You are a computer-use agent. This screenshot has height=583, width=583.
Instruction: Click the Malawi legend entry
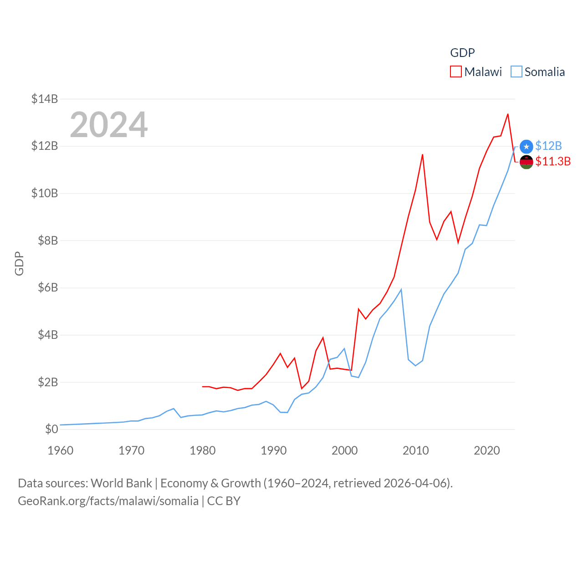pyautogui.click(x=476, y=72)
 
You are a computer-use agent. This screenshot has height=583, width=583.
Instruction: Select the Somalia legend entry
pyautogui.click(x=537, y=72)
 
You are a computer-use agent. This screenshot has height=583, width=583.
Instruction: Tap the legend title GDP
pyautogui.click(x=462, y=53)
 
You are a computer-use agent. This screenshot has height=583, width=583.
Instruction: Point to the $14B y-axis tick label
pyautogui.click(x=45, y=99)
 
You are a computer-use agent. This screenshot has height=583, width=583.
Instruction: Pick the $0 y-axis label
pyautogui.click(x=51, y=429)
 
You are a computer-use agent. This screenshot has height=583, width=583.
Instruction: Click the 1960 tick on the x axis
pyautogui.click(x=61, y=450)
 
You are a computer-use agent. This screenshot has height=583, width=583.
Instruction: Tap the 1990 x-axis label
pyautogui.click(x=274, y=450)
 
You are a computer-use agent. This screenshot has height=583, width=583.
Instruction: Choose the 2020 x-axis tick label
pyautogui.click(x=487, y=450)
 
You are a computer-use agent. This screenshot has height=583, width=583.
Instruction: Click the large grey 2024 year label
pyautogui.click(x=109, y=124)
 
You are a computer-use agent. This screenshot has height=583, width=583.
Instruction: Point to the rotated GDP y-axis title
pyautogui.click(x=19, y=263)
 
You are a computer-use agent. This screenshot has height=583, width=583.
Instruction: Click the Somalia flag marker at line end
pyautogui.click(x=527, y=146)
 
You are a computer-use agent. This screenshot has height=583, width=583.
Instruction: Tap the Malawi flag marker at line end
pyautogui.click(x=527, y=162)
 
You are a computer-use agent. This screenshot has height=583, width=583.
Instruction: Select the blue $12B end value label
pyautogui.click(x=548, y=146)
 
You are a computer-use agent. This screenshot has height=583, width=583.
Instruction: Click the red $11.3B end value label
pyautogui.click(x=553, y=161)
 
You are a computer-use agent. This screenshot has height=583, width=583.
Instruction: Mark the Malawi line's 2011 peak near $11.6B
pyautogui.click(x=423, y=155)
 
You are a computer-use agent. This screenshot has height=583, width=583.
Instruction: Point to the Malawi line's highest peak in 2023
pyautogui.click(x=508, y=114)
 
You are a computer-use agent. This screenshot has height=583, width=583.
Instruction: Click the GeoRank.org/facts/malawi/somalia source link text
pyautogui.click(x=108, y=501)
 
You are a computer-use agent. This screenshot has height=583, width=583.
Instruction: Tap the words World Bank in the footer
pyautogui.click(x=121, y=483)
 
